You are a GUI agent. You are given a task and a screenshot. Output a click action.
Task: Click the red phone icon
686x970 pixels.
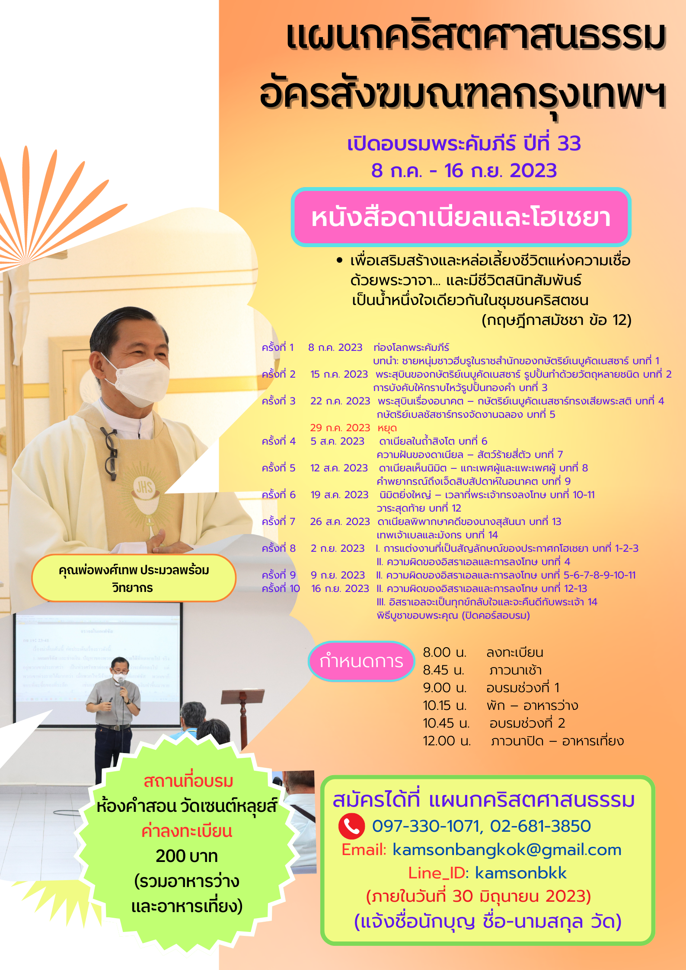point(351,826)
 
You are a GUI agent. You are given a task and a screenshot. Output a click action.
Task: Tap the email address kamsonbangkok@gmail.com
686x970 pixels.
point(507,849)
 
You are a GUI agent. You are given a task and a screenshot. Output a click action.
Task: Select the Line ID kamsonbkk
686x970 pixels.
point(520,873)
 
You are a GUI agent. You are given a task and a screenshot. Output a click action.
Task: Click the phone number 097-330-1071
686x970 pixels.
point(426,826)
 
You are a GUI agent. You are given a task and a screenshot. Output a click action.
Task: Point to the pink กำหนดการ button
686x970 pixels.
point(361,661)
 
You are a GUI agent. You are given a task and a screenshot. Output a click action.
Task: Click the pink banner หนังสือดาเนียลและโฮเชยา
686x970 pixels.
point(461,217)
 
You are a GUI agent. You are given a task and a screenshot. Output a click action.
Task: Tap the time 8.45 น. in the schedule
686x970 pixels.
point(444,670)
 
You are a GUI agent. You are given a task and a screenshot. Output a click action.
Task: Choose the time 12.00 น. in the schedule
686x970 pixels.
point(447,741)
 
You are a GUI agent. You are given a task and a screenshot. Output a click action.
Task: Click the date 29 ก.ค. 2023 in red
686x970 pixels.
point(340,428)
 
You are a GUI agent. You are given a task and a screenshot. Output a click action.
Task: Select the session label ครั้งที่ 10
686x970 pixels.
point(281,588)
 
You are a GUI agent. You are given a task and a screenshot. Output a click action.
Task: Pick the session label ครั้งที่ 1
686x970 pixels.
point(278,347)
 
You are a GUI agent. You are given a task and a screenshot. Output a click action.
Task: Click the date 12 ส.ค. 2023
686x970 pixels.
point(339,468)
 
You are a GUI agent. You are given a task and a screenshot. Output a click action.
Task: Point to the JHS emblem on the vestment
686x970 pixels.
point(144,488)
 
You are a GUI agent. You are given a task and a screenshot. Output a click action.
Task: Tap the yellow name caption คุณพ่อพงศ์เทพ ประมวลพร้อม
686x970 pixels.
point(134,578)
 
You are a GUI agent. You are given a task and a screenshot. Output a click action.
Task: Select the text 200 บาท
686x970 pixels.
point(187,856)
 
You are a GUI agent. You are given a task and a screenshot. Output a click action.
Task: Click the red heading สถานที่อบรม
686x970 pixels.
point(188,781)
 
